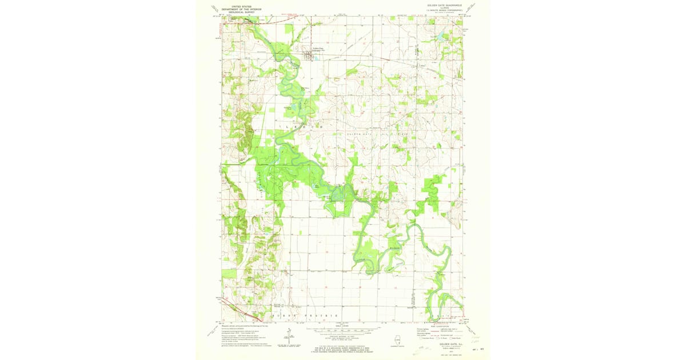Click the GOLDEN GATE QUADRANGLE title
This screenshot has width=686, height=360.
444,5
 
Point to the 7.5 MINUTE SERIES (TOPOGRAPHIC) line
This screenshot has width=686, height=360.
444,10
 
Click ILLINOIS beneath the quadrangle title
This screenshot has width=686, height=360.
444,7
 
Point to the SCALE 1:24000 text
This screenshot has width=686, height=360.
343,325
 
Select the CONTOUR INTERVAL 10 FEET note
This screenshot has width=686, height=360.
343,337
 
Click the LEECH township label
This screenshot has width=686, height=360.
300,126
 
